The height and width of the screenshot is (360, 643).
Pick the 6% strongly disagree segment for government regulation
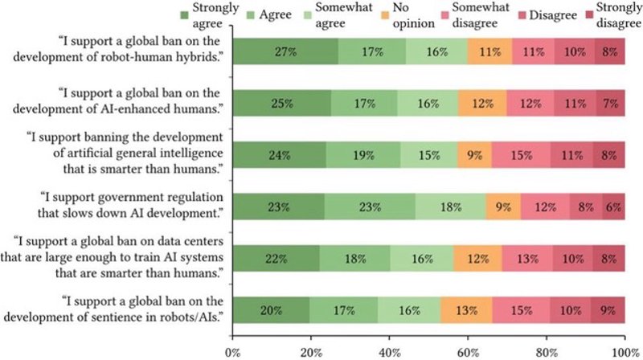(613, 207)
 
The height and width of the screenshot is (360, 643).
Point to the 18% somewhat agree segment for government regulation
(450, 207)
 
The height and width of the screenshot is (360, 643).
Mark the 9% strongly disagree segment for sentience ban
(608, 310)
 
